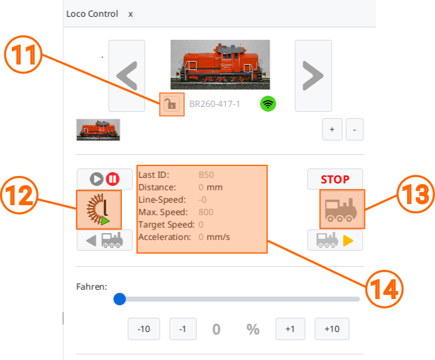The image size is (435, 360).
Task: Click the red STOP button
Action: (x=335, y=179)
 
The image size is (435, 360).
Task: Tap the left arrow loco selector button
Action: (x=127, y=76)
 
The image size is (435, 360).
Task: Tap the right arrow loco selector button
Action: (x=313, y=76)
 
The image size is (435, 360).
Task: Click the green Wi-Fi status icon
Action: (x=268, y=104)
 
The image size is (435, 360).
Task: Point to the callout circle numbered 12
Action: (x=19, y=195)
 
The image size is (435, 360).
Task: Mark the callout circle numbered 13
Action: (x=416, y=194)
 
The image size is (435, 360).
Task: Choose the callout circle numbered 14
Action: (x=384, y=289)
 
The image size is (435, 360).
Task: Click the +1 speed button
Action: (x=290, y=329)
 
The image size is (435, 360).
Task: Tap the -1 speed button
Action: (x=183, y=329)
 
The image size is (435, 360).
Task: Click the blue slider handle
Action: (x=119, y=299)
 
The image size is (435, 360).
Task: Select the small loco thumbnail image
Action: (x=98, y=129)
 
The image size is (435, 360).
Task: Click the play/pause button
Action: (x=104, y=179)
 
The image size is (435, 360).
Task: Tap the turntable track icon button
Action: (x=99, y=210)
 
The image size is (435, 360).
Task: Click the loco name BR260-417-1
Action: (x=214, y=104)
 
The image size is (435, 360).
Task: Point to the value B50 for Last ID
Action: (x=206, y=175)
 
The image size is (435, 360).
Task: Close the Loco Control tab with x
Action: (x=130, y=14)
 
